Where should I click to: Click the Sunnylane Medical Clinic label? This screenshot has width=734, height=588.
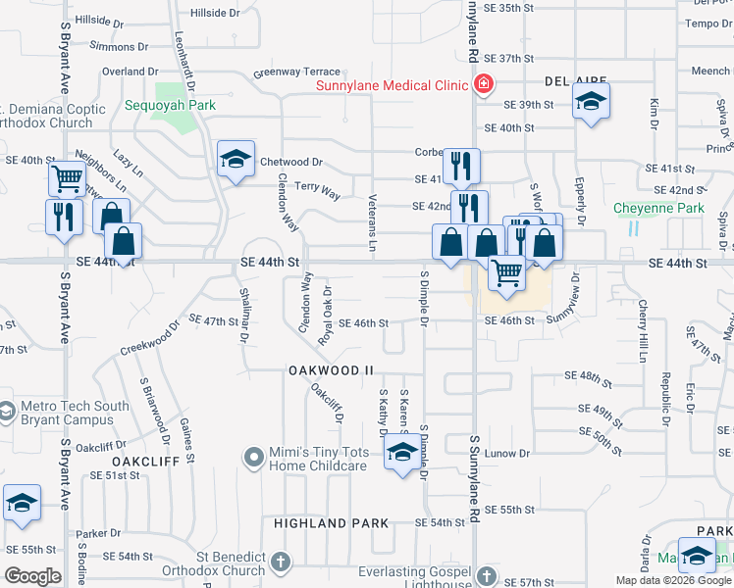[x=391, y=85]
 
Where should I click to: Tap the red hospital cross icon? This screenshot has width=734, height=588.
[x=483, y=85]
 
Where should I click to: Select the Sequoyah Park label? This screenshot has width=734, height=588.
[x=170, y=105]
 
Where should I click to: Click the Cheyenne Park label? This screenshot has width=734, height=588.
[x=658, y=208]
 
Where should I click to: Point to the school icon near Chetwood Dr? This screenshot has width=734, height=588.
[x=236, y=160]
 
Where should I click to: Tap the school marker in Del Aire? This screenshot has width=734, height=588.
[x=591, y=102]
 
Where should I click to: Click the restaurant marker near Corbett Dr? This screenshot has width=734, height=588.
[x=460, y=167]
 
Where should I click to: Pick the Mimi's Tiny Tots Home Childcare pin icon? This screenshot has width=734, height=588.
[x=255, y=457]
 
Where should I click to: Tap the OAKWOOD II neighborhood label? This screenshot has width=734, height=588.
[x=332, y=370]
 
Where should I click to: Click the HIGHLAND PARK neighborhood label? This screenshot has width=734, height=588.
[x=332, y=523]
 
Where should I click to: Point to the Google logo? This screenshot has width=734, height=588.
[x=33, y=576]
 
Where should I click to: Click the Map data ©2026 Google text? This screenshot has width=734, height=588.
[x=673, y=580]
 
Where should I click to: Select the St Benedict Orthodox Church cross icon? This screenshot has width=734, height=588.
[x=281, y=563]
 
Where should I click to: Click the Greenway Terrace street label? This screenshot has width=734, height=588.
[x=296, y=73]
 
